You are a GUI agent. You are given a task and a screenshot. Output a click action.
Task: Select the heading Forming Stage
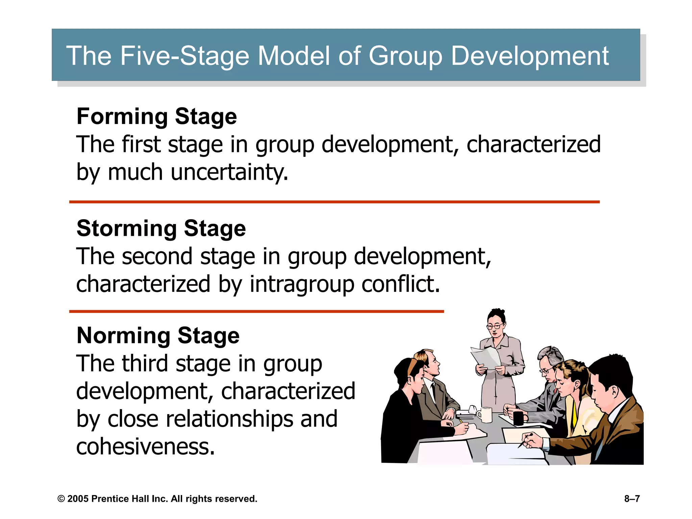pyautogui.click(x=157, y=116)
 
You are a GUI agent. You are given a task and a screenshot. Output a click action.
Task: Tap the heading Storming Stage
pyautogui.click(x=161, y=228)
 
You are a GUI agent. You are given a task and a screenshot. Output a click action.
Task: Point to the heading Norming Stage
pyautogui.click(x=158, y=336)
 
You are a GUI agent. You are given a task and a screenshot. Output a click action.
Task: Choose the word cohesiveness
pyautogui.click(x=146, y=447)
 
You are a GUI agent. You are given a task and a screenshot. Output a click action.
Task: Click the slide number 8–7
pyautogui.click(x=632, y=499)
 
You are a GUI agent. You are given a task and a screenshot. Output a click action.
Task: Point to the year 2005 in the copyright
pyautogui.click(x=78, y=499)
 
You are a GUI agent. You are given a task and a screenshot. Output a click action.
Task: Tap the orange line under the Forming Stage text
pyautogui.click(x=334, y=202)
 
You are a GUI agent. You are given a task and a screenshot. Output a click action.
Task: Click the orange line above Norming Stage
pyautogui.click(x=256, y=312)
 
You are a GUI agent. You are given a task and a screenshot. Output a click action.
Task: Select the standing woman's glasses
pyautogui.click(x=495, y=326)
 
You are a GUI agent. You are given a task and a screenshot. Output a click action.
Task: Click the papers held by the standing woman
pyautogui.click(x=486, y=359)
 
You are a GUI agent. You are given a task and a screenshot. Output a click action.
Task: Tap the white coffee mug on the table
pyautogui.click(x=486, y=415)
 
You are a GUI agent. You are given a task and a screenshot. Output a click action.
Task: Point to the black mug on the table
pyautogui.click(x=519, y=418)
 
